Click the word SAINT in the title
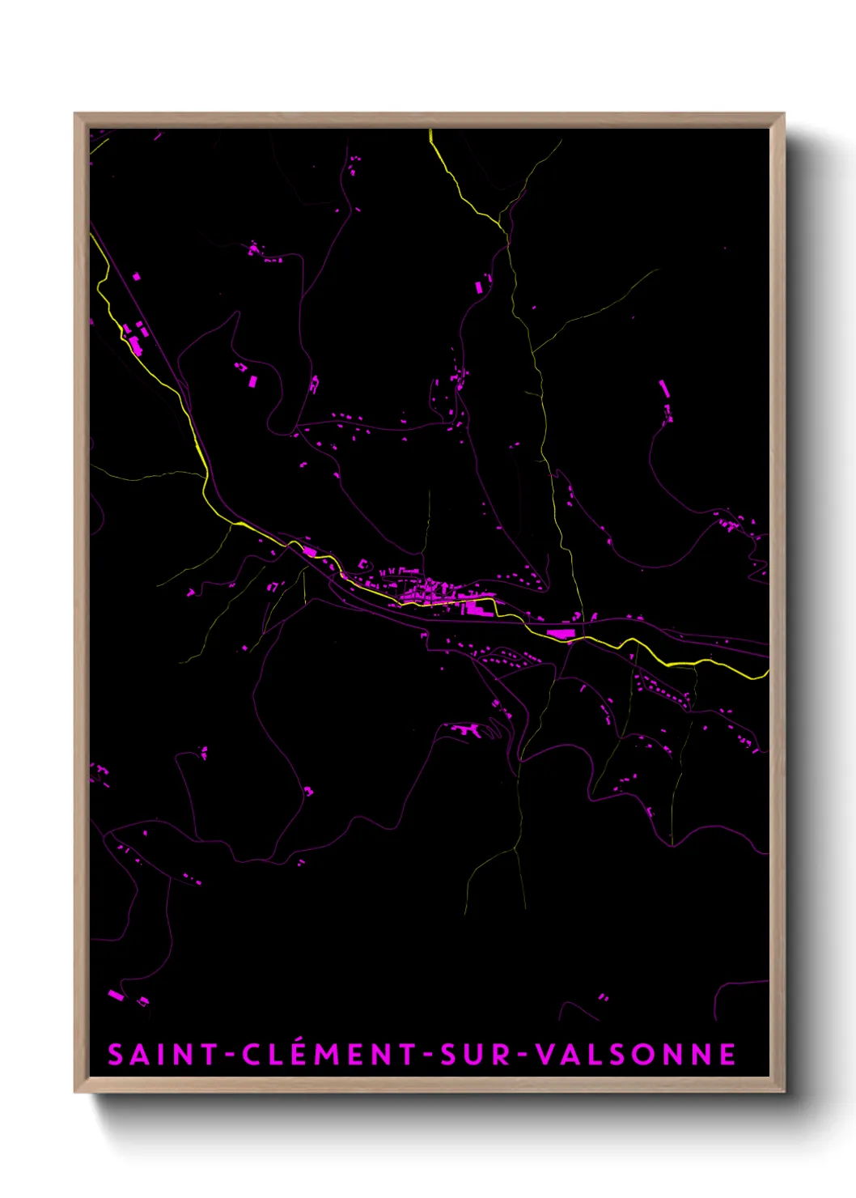tap(162, 1055)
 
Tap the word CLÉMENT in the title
tap(328, 1055)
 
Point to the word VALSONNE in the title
tap(636, 1055)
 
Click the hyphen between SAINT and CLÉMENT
tap(229, 1056)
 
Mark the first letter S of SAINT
tap(116, 1055)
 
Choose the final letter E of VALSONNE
tap(728, 1055)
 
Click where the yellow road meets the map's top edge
tap(430, 131)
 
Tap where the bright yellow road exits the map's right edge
tap(766, 673)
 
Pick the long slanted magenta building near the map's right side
tap(664, 389)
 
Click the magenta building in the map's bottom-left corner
tap(117, 995)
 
